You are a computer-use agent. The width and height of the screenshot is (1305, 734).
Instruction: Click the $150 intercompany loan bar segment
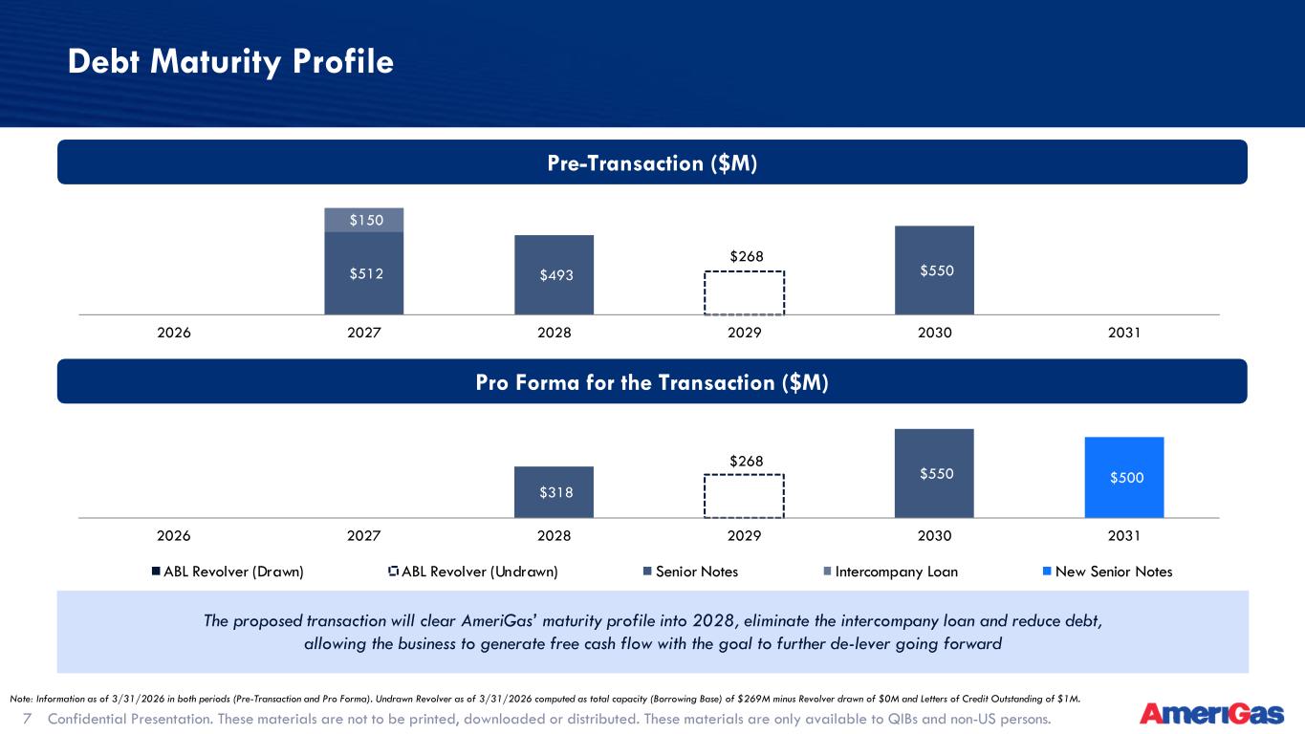pos(364,220)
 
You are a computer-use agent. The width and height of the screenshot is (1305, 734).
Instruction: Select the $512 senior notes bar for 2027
pos(364,273)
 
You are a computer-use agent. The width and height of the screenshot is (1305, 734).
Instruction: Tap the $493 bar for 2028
pos(555,275)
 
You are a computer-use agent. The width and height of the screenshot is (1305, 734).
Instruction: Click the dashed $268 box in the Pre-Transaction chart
pos(744,271)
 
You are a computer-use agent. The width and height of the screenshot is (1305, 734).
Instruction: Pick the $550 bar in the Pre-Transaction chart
pos(934,270)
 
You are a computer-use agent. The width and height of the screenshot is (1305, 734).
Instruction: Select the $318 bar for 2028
pos(555,492)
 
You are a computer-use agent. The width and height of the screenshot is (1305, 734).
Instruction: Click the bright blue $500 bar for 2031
pos(1124,477)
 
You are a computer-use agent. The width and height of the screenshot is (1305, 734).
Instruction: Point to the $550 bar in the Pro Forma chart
pos(934,473)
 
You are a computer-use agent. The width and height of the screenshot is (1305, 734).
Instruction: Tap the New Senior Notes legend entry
pos(1107,572)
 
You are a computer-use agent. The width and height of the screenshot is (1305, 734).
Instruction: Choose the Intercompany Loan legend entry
pos(891,572)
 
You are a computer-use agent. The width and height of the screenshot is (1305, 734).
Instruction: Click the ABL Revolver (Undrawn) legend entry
pos(473,572)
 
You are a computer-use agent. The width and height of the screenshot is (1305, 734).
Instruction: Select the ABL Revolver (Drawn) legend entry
pos(228,572)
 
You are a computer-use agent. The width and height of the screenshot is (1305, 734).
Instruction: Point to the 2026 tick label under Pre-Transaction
pos(174,333)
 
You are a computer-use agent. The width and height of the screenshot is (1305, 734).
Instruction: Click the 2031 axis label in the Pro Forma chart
pos(1124,535)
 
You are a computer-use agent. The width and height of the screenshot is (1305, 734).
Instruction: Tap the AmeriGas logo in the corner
pos(1212,714)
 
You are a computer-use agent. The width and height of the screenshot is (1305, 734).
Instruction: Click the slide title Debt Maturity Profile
pos(230,62)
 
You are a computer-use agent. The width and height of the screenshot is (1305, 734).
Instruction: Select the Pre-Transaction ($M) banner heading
pos(652,163)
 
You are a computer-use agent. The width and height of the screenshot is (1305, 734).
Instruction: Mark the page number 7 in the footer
pos(27,719)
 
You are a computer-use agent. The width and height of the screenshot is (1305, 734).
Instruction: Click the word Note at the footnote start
pos(21,699)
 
